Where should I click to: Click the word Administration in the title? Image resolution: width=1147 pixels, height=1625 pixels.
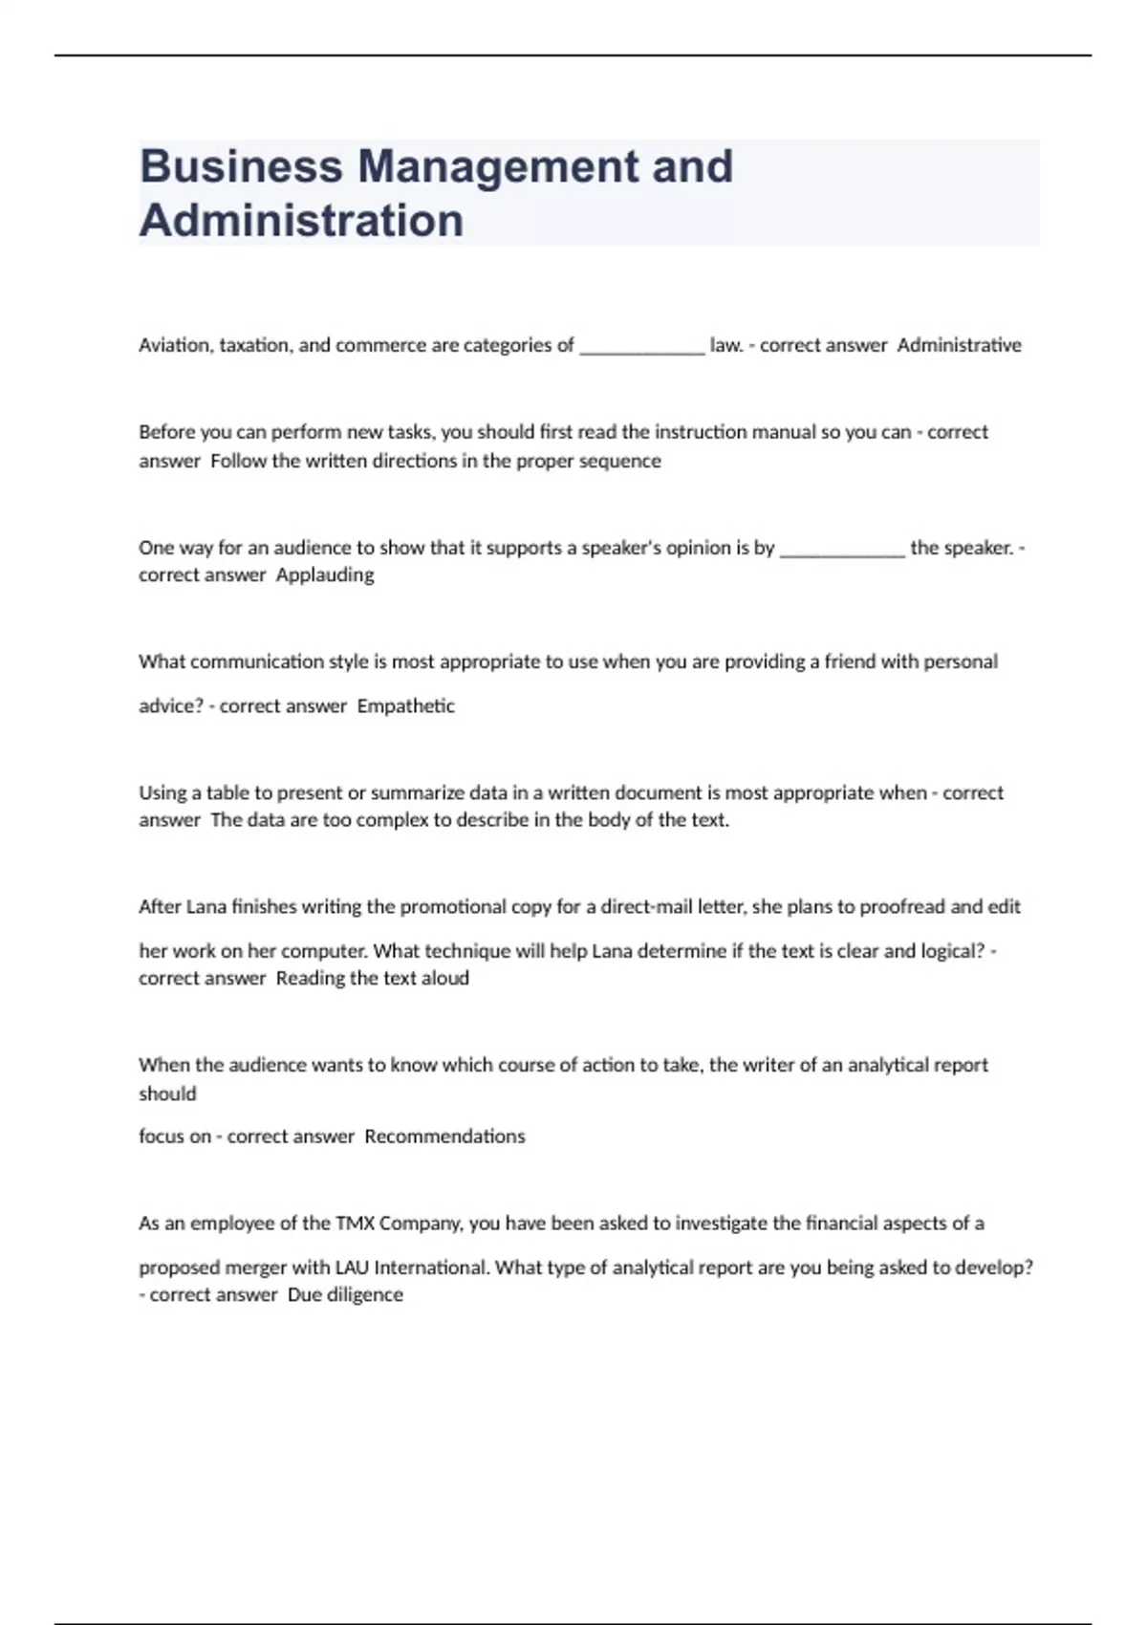(x=301, y=221)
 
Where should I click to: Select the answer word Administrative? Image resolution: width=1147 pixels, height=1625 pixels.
(x=959, y=345)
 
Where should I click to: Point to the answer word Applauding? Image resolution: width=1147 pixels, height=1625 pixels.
(x=325, y=574)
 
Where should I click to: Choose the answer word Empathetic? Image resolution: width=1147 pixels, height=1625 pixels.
(x=405, y=706)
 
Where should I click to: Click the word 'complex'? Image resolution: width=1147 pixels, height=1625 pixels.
(x=392, y=820)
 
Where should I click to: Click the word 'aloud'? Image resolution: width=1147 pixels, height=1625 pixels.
(x=444, y=978)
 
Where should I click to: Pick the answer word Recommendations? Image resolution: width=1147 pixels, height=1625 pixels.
(x=444, y=1137)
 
